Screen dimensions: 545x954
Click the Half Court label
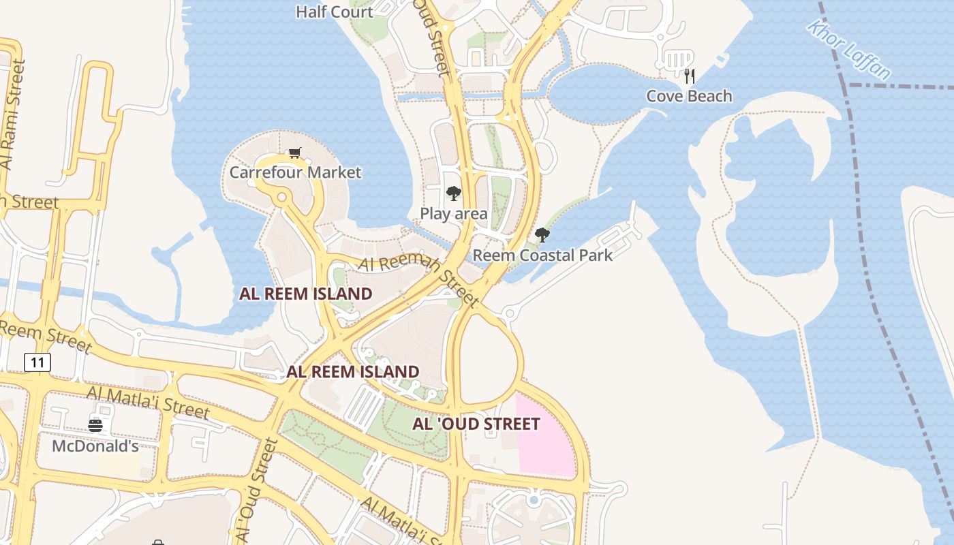(335, 12)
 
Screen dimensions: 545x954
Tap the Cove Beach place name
(689, 96)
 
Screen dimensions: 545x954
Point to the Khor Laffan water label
(848, 49)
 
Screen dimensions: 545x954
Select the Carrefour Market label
(295, 172)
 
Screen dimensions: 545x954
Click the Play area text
(453, 214)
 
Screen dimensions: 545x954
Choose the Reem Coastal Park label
(542, 255)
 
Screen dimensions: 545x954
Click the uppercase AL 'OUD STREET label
(476, 424)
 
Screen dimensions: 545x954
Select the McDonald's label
(95, 447)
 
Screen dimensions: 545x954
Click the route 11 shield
(37, 362)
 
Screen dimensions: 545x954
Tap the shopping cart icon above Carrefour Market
(294, 153)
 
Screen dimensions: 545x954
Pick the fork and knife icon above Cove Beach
(690, 76)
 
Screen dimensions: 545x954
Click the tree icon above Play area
(453, 193)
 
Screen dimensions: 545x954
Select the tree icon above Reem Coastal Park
(542, 235)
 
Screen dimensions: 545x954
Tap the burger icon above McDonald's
(95, 426)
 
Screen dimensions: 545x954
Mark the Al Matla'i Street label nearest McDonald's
(148, 402)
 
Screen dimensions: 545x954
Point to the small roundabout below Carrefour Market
(281, 198)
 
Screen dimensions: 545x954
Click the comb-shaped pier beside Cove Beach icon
(677, 60)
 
